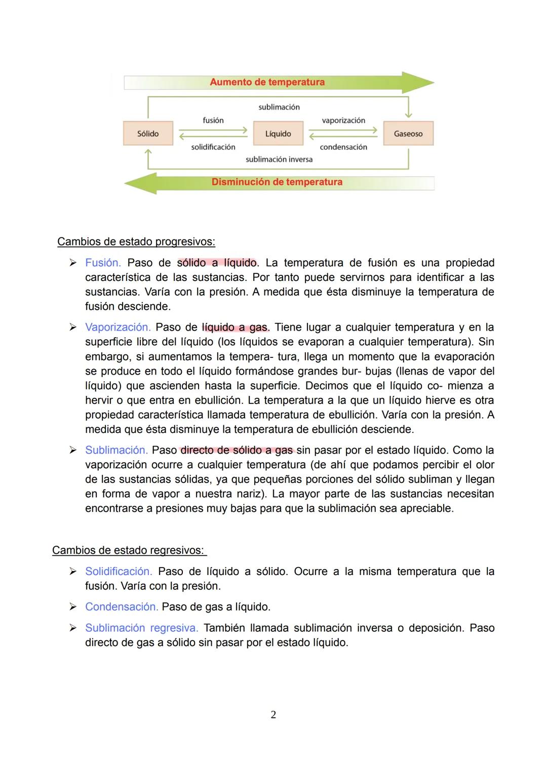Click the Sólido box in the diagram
pos(148,134)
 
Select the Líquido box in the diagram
pos(278,134)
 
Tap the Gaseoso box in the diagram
pos(408,134)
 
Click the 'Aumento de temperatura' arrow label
pos(267,82)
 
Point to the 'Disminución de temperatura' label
pos(277,182)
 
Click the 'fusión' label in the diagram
pos(213,120)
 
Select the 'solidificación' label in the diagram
pos(213,147)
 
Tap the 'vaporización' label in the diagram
pos(343,120)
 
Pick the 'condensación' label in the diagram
pos(343,147)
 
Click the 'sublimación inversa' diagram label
pos(279,159)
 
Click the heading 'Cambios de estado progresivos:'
pos(136,241)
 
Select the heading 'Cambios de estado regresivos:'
pos(129,550)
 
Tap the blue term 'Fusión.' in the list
pos(103,263)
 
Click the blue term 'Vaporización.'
pos(118,327)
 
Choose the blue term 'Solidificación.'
pos(119,572)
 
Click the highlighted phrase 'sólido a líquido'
pos(217,263)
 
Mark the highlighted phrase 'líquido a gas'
pos(234,327)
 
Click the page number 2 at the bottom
pos(273,715)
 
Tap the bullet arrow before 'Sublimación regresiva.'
pos(73,628)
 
